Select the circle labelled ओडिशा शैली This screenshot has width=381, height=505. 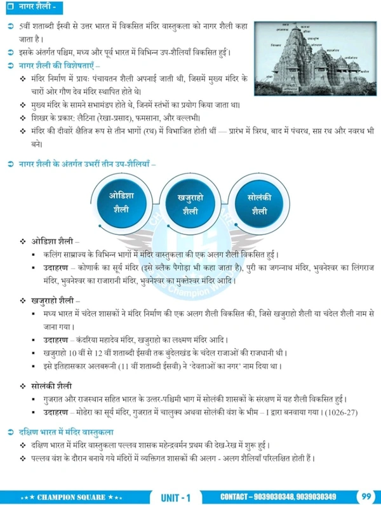(121, 202)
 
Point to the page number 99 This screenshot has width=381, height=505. (367, 495)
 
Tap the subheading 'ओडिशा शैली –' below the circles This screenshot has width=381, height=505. (54, 242)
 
